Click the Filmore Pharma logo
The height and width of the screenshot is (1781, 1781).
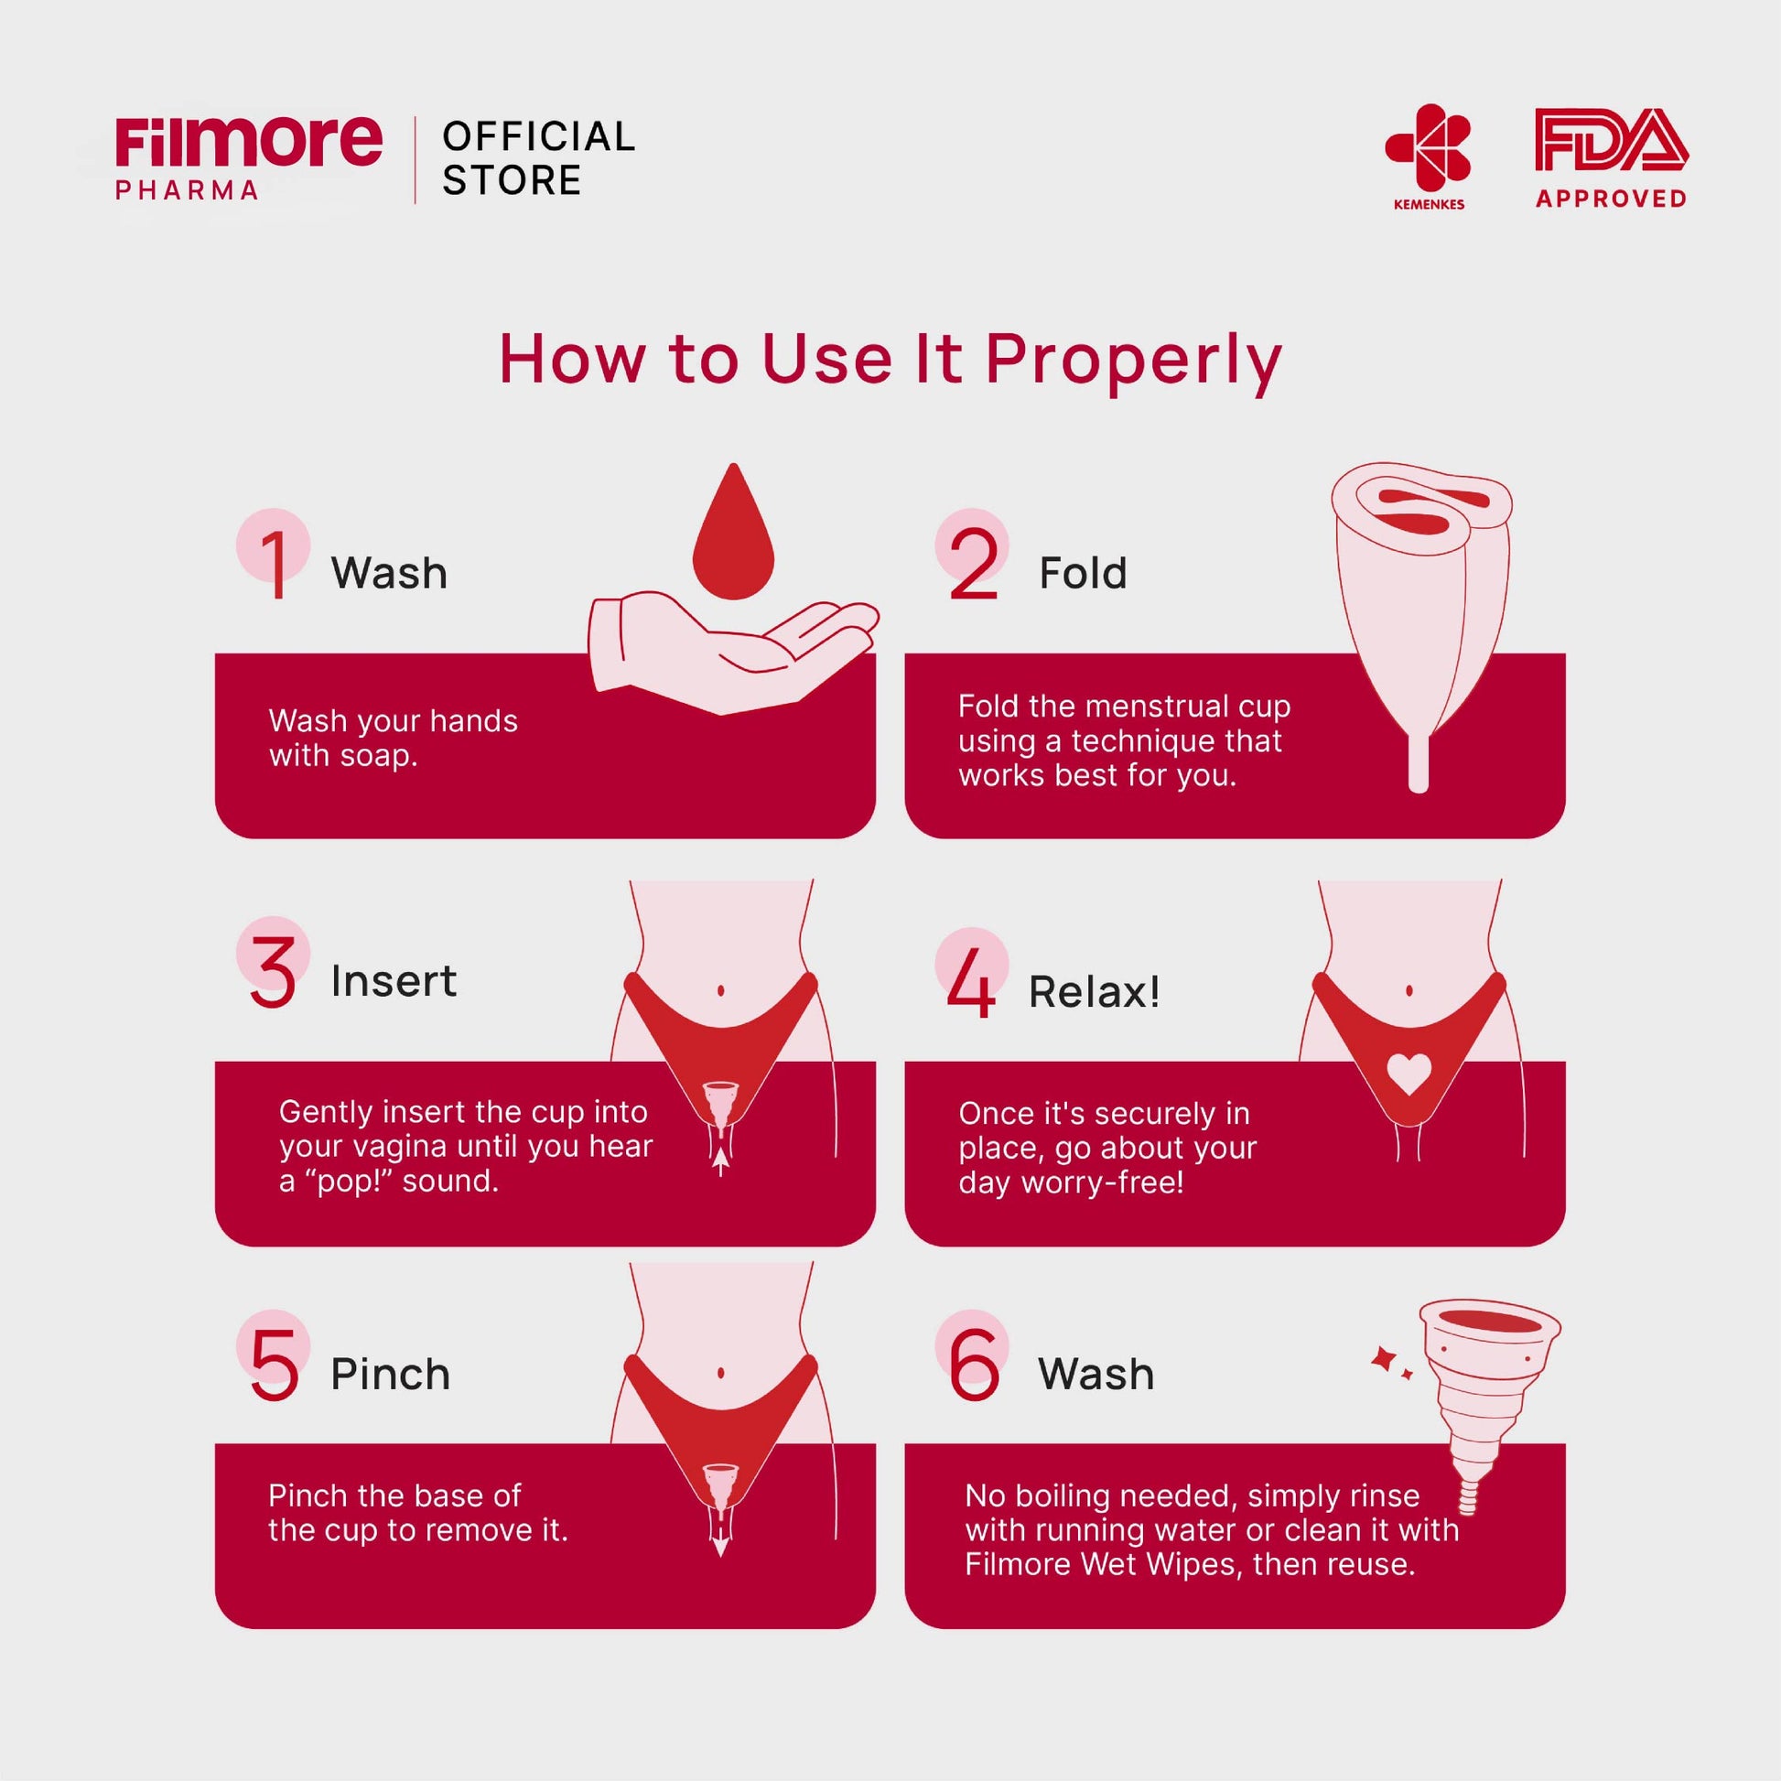click(248, 157)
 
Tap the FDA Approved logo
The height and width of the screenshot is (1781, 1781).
click(1611, 157)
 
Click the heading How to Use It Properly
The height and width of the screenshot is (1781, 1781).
click(890, 361)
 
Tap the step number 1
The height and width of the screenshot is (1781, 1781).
click(275, 563)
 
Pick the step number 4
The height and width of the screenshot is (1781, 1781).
click(971, 983)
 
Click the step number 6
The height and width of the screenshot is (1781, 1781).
click(975, 1365)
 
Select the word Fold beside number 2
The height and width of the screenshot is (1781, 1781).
click(1084, 574)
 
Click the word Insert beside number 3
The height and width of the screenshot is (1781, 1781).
click(394, 981)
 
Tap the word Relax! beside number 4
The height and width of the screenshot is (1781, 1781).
click(1095, 992)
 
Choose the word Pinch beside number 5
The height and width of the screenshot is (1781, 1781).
click(391, 1375)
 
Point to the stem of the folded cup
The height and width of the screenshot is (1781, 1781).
click(1419, 763)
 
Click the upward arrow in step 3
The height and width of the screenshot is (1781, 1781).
click(721, 1158)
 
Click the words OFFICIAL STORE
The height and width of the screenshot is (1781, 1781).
click(539, 157)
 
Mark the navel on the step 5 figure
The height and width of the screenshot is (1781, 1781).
click(721, 1373)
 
